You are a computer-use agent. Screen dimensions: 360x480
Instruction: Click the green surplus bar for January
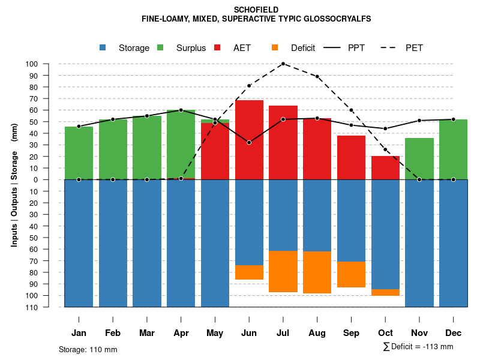79,153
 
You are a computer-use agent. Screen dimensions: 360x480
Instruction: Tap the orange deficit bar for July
283,271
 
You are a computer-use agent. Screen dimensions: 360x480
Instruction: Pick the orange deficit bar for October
385,292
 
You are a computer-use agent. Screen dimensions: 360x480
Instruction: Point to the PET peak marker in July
283,64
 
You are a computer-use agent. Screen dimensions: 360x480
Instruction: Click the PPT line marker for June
249,142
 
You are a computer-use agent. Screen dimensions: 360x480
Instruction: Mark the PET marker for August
317,76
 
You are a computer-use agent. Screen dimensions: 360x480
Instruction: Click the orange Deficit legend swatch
275,47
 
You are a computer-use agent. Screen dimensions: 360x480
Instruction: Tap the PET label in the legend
414,48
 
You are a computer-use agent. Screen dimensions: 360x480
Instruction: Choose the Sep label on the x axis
351,333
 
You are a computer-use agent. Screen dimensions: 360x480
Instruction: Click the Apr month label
181,333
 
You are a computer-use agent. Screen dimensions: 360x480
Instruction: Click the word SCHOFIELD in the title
256,10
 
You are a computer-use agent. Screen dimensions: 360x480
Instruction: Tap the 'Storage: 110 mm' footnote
88,349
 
